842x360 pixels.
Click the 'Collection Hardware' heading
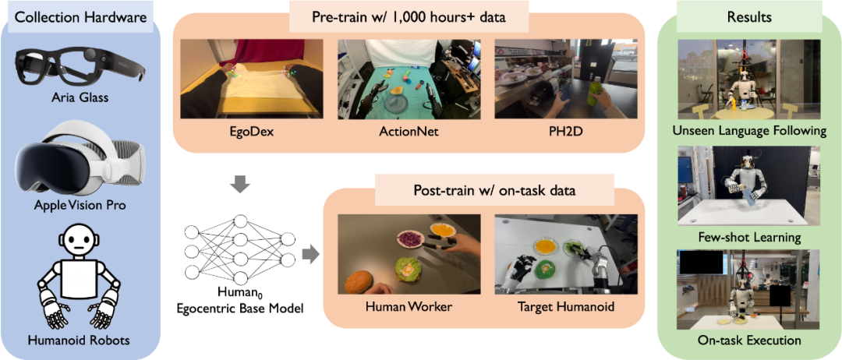click(80, 16)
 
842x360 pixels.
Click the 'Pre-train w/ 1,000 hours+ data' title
click(408, 16)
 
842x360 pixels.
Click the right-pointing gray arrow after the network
click(310, 254)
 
